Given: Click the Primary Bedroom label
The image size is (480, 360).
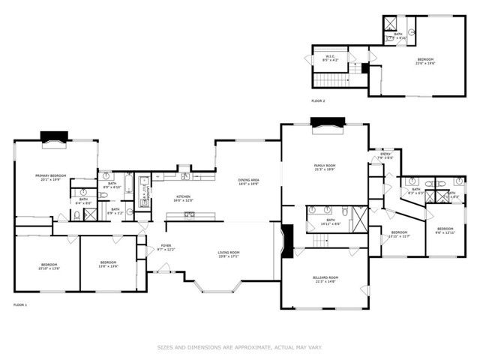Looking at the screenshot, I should click(x=51, y=178).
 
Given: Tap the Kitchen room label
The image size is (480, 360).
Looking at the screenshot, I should click(x=184, y=199).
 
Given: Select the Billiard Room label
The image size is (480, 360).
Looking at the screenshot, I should click(x=325, y=280).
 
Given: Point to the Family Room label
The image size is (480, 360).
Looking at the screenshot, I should click(x=325, y=167).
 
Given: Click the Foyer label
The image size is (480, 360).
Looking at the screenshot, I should click(x=165, y=247).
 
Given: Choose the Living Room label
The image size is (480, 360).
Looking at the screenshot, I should click(x=228, y=254).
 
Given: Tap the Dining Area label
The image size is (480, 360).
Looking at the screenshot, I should click(x=248, y=181).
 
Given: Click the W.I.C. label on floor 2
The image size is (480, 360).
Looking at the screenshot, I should click(x=329, y=58).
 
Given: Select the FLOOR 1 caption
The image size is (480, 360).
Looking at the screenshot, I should click(x=20, y=305).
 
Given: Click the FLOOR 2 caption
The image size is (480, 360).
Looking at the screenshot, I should click(x=318, y=100).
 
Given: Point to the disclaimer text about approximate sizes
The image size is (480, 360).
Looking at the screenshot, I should click(x=239, y=347).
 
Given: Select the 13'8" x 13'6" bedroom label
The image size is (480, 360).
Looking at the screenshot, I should click(x=108, y=265).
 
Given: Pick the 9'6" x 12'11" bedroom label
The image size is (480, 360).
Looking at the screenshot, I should click(x=445, y=230).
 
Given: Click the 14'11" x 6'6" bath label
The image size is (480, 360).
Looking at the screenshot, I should click(x=329, y=222).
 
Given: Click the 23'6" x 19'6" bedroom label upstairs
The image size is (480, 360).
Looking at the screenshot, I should click(x=425, y=61).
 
